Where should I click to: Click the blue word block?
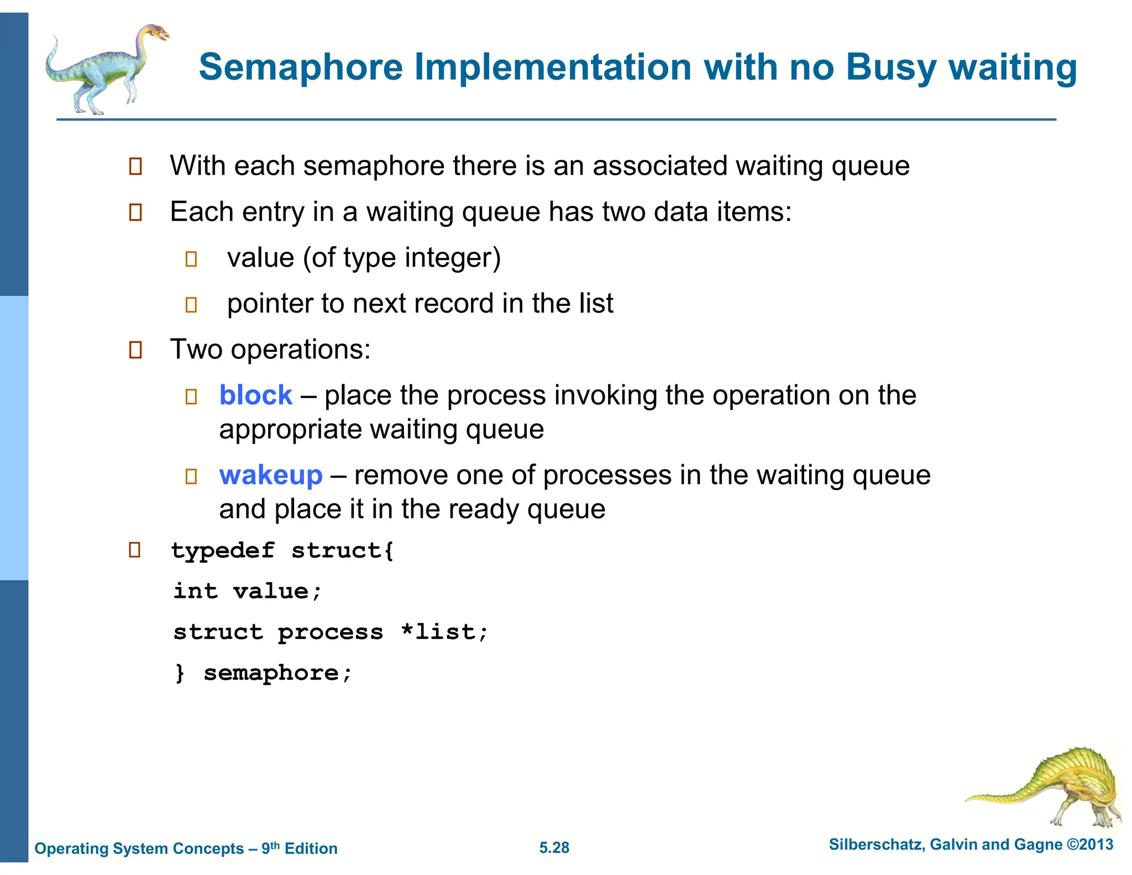pyautogui.click(x=255, y=395)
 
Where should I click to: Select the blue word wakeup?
pyautogui.click(x=270, y=475)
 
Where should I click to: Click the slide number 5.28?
pyautogui.click(x=554, y=847)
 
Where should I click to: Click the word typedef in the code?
pyautogui.click(x=223, y=551)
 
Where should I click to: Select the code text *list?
pyautogui.click(x=445, y=632)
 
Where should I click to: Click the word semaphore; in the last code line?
pyautogui.click(x=277, y=673)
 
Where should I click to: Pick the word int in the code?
pyautogui.click(x=196, y=591)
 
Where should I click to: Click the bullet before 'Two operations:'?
pyautogui.click(x=135, y=350)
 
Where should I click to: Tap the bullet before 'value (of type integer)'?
pyautogui.click(x=191, y=259)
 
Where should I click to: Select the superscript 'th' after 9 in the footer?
pyautogui.click(x=275, y=845)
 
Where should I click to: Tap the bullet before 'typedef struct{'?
pyautogui.click(x=134, y=550)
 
